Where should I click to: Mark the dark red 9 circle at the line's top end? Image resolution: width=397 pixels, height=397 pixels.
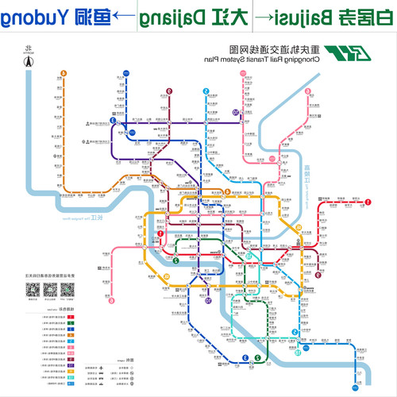[169, 91]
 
